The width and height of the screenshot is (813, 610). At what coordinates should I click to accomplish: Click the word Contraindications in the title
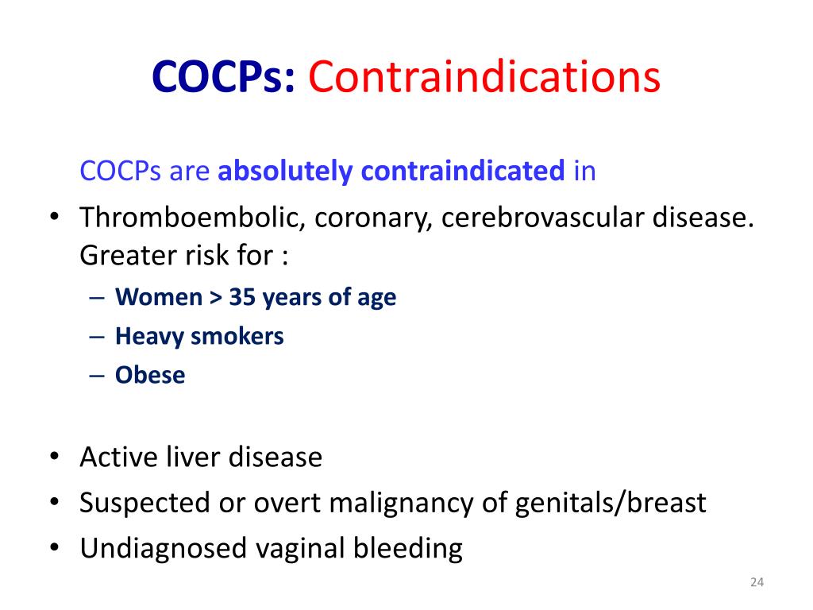point(484,77)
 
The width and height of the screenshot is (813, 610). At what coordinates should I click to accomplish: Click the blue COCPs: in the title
point(224,77)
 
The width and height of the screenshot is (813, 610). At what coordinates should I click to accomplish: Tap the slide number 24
point(756,584)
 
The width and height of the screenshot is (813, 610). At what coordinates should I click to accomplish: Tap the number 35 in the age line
point(242,297)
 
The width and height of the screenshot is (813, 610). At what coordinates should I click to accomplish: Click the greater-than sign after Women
point(215,297)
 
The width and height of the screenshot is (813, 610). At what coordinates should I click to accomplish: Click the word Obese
point(150,375)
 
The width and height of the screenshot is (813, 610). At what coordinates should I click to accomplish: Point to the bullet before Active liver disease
point(53,457)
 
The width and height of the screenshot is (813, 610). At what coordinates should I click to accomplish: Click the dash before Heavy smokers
point(97,336)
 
